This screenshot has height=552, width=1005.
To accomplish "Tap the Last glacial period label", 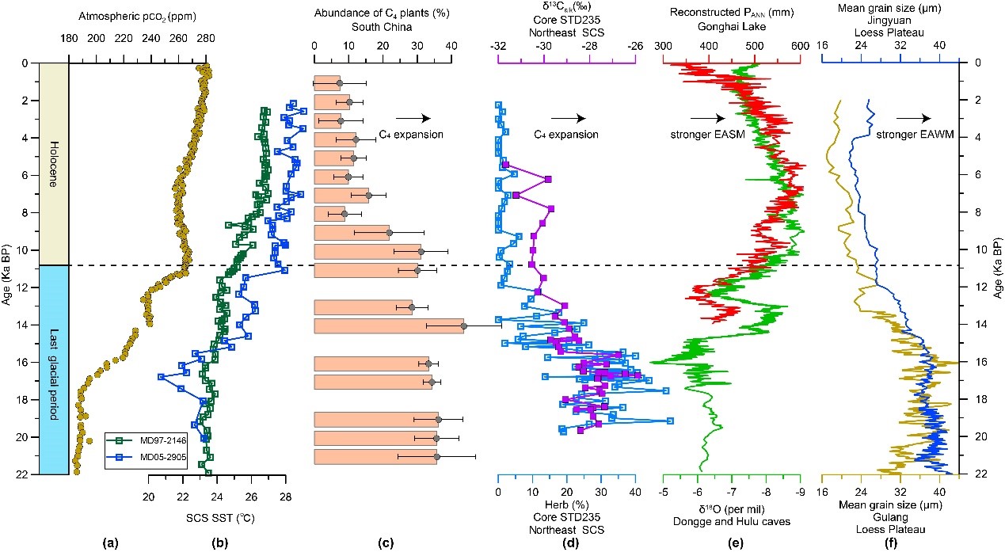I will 52,369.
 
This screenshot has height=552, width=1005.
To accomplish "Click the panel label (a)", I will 112,542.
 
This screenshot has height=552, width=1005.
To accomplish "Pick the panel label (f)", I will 889,542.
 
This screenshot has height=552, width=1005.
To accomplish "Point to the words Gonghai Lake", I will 731,25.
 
